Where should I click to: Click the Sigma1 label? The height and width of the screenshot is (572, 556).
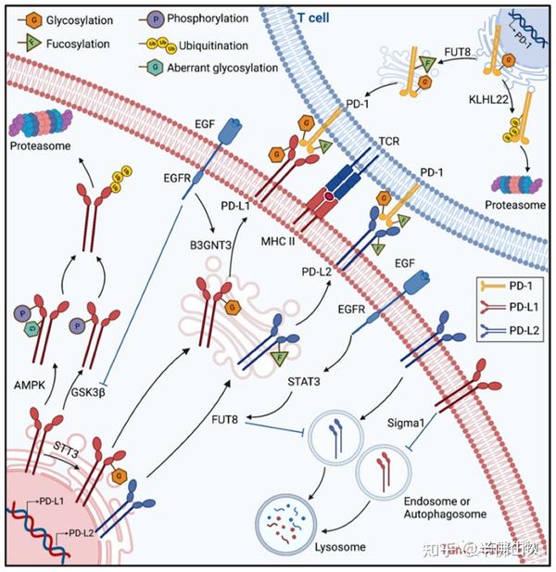pos(406,421)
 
